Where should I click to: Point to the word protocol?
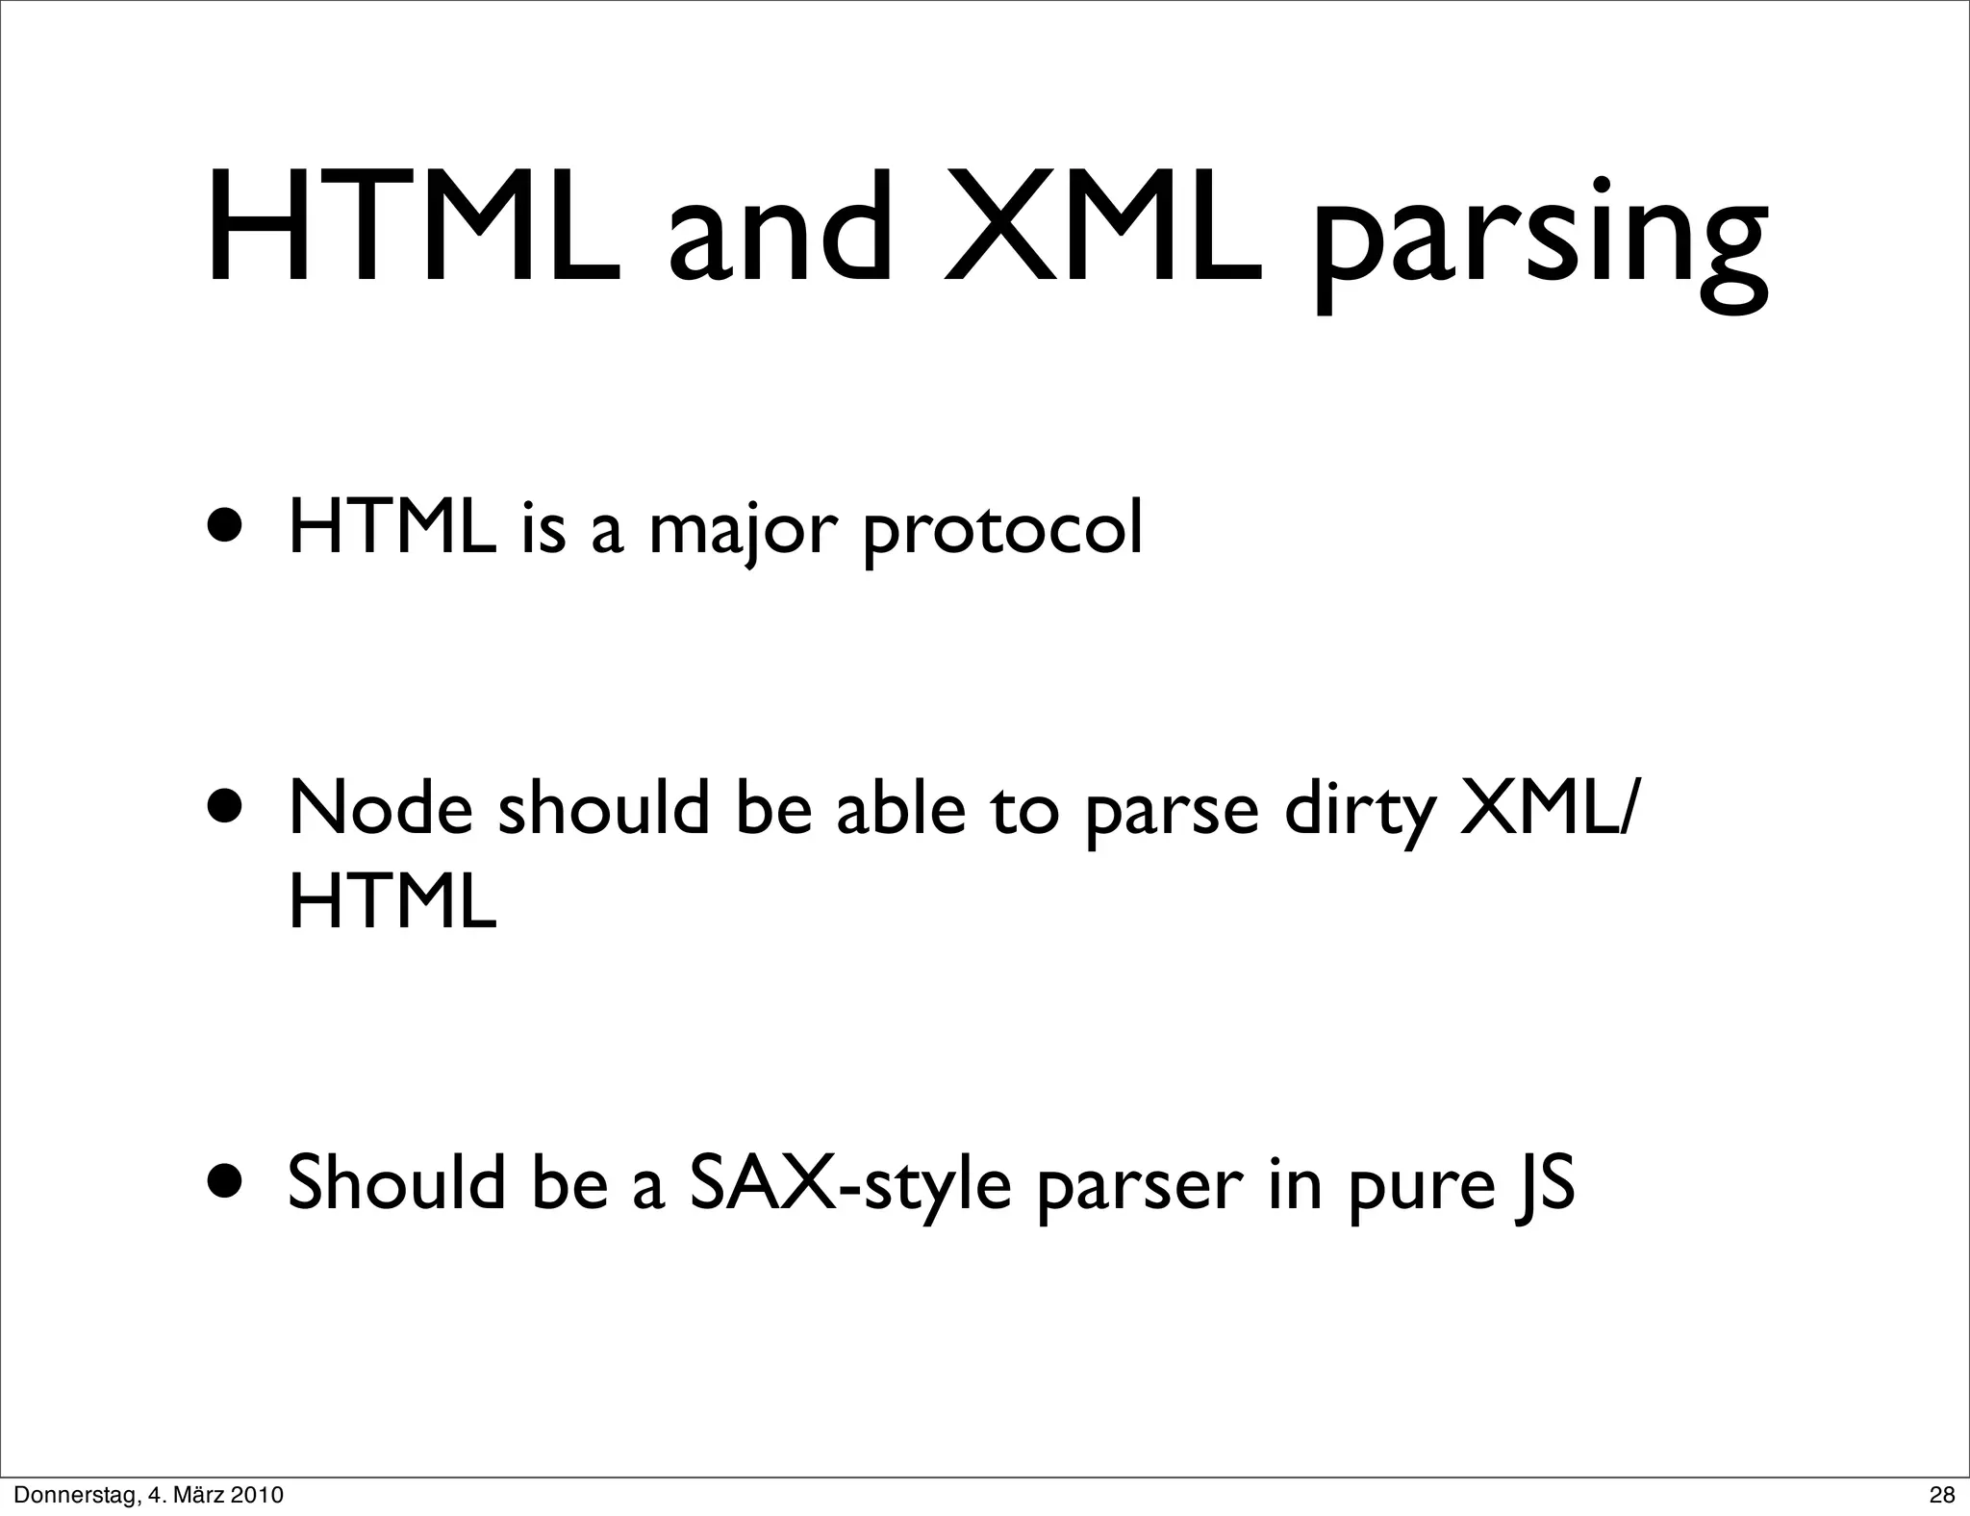click(x=1002, y=532)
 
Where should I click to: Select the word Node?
click(x=381, y=808)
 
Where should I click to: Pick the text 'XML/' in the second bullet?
click(x=1546, y=808)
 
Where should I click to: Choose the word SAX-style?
click(x=850, y=1186)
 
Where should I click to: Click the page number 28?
click(x=1942, y=1495)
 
